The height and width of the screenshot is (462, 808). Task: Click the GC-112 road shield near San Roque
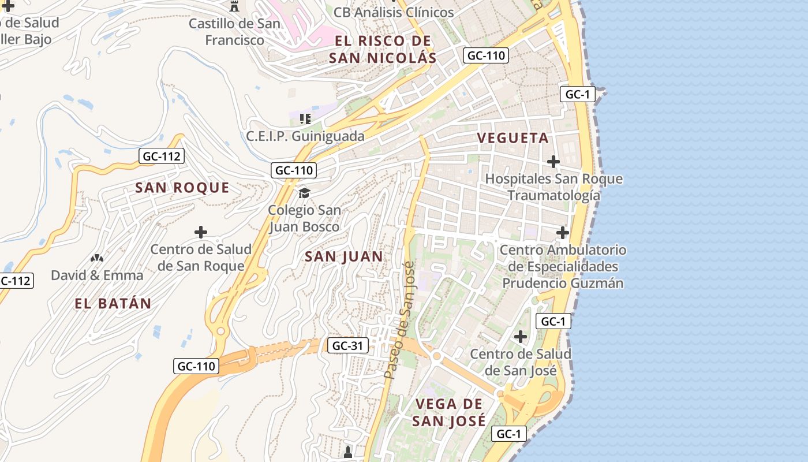coord(162,156)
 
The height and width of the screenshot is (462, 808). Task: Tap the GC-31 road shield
coord(348,345)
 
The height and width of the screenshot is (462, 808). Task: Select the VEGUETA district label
coord(513,138)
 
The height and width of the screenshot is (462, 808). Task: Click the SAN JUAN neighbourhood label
coord(343,257)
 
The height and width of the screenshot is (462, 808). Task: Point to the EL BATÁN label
coord(113,304)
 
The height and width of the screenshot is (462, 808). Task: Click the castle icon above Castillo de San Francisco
coord(234,7)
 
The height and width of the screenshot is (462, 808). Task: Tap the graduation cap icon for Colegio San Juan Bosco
coord(304,193)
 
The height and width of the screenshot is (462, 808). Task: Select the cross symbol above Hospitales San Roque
coord(553,161)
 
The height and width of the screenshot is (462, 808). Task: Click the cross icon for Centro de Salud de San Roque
coord(201,232)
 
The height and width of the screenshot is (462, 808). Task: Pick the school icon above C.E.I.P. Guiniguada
coord(305,119)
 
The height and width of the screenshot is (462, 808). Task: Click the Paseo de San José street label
coord(399,321)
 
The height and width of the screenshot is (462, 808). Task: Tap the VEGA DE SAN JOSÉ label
coord(448,412)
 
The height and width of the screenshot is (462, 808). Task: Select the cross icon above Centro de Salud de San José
coord(521,336)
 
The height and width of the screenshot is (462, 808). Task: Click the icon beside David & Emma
coord(97,258)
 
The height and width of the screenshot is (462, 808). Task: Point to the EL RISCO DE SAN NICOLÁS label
coord(383,49)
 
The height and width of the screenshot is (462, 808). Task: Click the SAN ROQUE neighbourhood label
coord(182,188)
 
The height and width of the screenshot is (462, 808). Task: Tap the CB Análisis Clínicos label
coord(394,12)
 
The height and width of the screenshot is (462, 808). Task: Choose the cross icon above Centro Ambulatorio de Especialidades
coord(563,233)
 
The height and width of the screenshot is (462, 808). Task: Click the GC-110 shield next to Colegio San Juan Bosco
coord(294,170)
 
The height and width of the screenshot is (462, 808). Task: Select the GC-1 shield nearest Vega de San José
coord(509,434)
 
